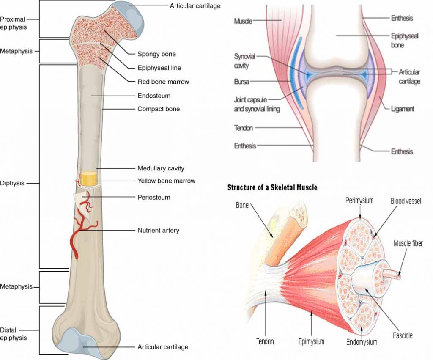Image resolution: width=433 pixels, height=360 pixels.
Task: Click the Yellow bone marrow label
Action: [166, 181]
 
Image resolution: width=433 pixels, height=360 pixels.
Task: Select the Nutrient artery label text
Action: [158, 231]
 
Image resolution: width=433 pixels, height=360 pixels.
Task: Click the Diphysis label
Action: [12, 183]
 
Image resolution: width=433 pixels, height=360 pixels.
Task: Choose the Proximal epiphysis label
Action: [13, 23]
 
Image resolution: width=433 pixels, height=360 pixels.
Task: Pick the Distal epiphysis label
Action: [13, 333]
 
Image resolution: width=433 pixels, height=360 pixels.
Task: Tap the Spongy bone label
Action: [156, 54]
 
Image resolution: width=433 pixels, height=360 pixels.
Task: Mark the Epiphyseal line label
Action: [159, 68]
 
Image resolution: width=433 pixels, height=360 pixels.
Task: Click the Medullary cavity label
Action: [161, 168]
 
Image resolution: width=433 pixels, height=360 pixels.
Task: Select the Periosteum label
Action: [153, 197]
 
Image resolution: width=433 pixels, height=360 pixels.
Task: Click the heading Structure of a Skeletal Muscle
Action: [272, 187]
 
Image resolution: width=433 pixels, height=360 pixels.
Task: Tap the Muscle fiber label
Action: [408, 243]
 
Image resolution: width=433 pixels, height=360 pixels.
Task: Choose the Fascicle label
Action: [402, 335]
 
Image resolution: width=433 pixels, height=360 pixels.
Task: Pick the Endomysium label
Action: [362, 341]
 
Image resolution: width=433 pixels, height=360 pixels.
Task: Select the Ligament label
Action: [403, 109]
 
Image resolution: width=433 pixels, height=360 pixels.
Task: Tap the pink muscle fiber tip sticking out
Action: [397, 275]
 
